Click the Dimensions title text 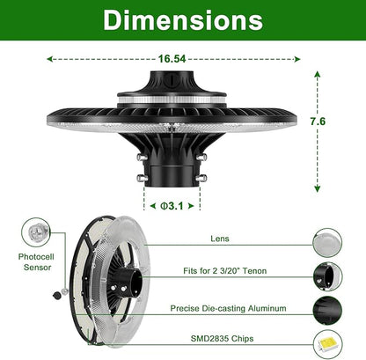point(183,19)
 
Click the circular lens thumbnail point(327,239)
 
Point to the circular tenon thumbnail point(327,274)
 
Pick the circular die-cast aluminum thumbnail point(327,308)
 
